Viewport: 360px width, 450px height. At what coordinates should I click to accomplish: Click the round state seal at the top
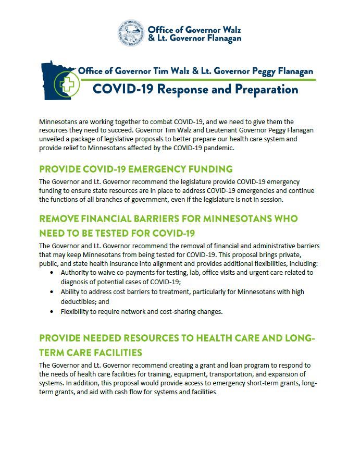(131, 33)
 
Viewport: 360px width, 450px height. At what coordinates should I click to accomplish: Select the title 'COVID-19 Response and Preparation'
(195, 89)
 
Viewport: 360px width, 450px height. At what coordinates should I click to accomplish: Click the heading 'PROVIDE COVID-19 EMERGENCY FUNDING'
(135, 169)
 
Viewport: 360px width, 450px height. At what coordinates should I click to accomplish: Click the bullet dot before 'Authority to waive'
(51, 272)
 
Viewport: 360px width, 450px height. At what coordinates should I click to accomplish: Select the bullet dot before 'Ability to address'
(51, 292)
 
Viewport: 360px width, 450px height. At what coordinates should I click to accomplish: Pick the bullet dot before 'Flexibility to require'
(51, 312)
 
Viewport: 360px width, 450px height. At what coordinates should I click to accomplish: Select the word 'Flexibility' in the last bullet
(78, 312)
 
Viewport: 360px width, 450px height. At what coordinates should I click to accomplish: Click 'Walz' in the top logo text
(230, 29)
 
